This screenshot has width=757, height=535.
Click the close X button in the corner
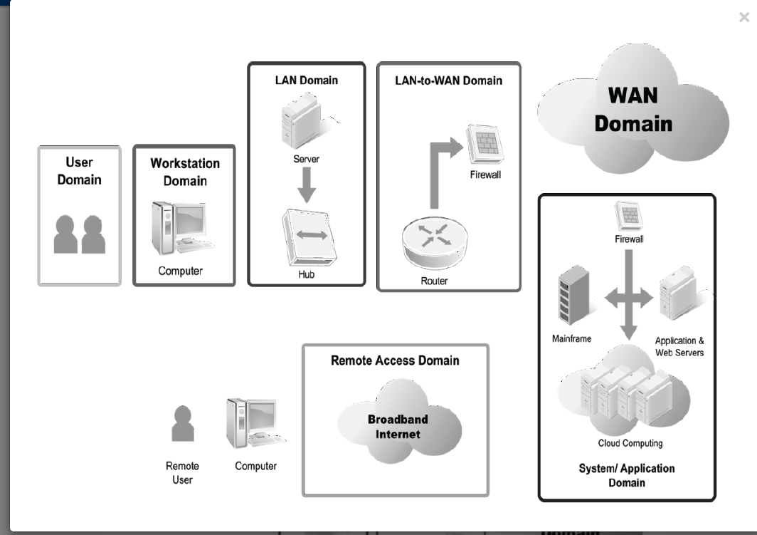(744, 18)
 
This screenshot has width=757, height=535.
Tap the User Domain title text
(80, 171)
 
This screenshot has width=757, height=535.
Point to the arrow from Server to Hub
(307, 185)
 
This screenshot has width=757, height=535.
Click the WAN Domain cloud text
(633, 110)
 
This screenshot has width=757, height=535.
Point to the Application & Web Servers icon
(677, 294)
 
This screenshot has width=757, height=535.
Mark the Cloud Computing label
(630, 443)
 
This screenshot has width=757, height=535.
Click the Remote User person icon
(183, 424)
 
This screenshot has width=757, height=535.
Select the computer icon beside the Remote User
(253, 423)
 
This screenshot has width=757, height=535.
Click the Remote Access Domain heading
(395, 360)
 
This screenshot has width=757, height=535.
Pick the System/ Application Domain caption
(627, 475)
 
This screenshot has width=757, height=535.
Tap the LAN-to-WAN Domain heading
(448, 80)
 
